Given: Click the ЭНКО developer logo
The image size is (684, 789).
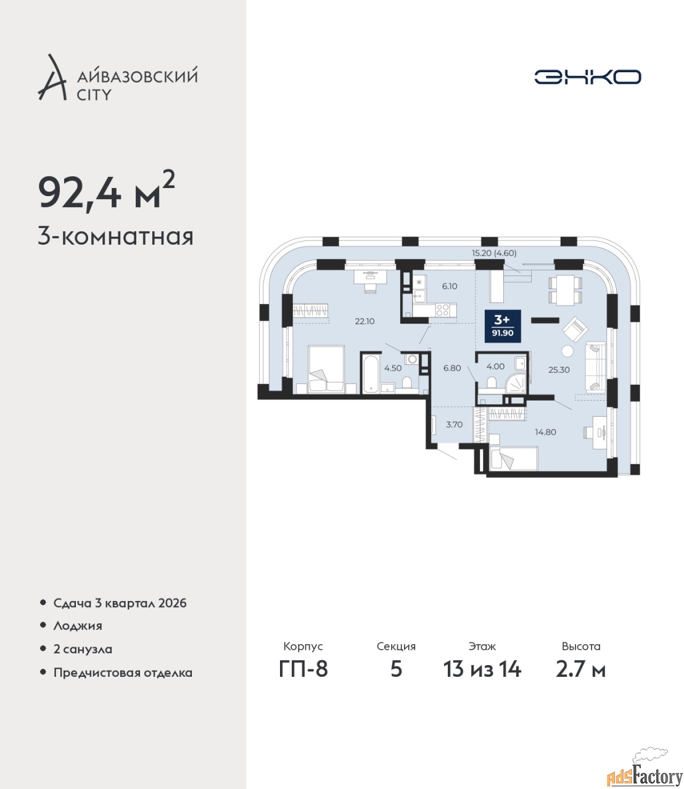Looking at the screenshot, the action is pyautogui.click(x=587, y=76).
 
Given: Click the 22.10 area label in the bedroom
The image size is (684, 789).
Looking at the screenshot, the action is pyautogui.click(x=365, y=321).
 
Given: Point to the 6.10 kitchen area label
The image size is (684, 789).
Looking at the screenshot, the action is pyautogui.click(x=450, y=286).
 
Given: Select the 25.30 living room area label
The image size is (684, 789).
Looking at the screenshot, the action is pyautogui.click(x=559, y=370).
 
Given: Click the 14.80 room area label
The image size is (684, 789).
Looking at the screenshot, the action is pyautogui.click(x=545, y=432).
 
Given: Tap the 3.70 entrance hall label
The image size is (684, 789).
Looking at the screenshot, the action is pyautogui.click(x=455, y=425).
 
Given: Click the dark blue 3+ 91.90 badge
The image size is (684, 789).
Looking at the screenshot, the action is pyautogui.click(x=503, y=327).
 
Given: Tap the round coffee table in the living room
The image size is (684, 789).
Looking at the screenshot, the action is pyautogui.click(x=567, y=351).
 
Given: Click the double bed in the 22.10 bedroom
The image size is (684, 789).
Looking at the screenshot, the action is pyautogui.click(x=327, y=369).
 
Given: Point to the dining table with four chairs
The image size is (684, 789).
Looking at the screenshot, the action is pyautogui.click(x=565, y=290).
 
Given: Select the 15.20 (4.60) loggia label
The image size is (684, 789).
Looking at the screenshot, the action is pyautogui.click(x=494, y=253).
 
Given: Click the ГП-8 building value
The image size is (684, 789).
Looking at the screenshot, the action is pyautogui.click(x=303, y=669).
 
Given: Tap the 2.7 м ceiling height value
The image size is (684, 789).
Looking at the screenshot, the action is pyautogui.click(x=580, y=669).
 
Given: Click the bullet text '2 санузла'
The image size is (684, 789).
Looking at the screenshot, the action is pyautogui.click(x=83, y=649).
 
